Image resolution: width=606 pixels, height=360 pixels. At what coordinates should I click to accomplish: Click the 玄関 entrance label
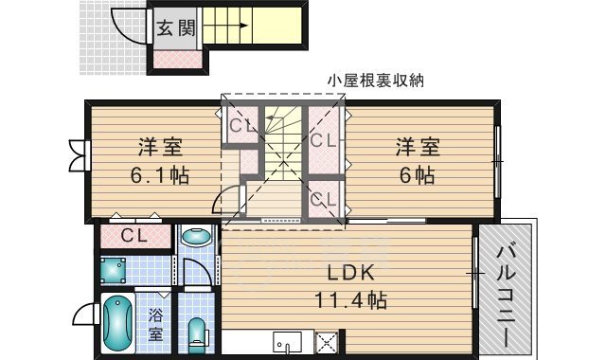tap(175, 27)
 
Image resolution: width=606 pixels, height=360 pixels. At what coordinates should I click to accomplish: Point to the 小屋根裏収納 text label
tap(374, 81)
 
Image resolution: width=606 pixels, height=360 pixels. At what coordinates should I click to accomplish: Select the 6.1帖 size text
tap(158, 175)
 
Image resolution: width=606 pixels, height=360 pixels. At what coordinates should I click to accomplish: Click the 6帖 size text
tap(417, 175)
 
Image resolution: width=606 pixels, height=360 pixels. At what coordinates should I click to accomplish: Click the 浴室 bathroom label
tap(155, 322)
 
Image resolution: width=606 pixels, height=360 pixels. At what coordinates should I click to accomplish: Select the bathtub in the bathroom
tap(117, 324)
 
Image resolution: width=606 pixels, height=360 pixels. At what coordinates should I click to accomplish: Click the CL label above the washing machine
tap(133, 235)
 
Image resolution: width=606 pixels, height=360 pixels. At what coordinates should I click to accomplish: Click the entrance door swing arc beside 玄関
tap(128, 26)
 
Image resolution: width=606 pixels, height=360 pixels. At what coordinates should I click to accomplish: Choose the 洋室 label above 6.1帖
tap(159, 149)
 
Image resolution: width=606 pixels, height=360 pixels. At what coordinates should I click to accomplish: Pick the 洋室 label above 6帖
tap(417, 149)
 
